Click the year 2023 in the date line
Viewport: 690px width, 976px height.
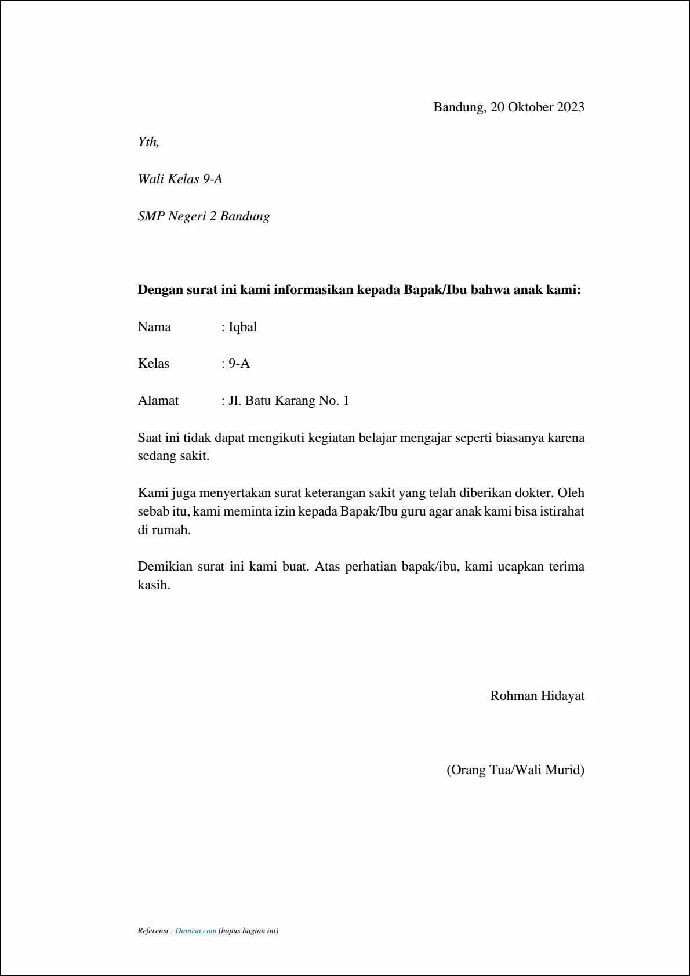tap(571, 107)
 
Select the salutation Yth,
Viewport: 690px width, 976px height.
tap(148, 142)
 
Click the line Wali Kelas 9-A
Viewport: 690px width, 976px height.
tap(180, 179)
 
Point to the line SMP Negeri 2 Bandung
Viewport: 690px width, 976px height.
tap(204, 216)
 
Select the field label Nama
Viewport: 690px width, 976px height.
tap(154, 327)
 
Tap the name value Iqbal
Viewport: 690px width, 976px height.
tap(242, 327)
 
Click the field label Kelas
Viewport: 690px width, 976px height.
tap(154, 364)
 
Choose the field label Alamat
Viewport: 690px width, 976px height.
tap(158, 401)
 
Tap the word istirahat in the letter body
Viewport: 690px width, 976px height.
tap(562, 511)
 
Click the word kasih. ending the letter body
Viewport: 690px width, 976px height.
tap(154, 585)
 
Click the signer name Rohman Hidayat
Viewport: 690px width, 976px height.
tap(537, 696)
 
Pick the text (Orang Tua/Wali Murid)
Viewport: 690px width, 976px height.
tap(515, 770)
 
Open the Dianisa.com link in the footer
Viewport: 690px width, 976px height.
tap(195, 931)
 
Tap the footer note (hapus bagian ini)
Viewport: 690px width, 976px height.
tap(248, 931)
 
